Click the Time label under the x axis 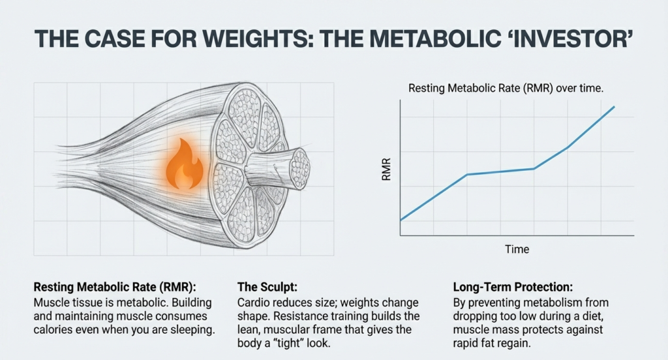click(517, 249)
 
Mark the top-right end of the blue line click(615, 106)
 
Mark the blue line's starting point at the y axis click(400, 220)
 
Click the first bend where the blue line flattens click(467, 174)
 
